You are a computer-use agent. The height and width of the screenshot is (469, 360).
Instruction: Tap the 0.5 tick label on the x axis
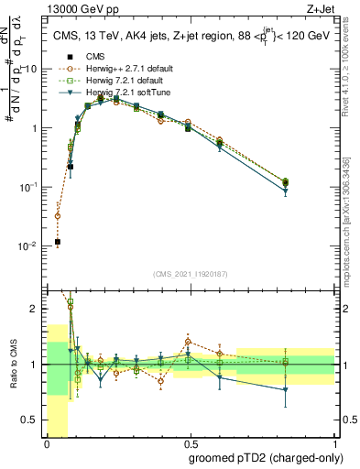pos(191,442)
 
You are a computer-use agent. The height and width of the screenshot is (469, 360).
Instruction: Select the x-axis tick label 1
pos(335,442)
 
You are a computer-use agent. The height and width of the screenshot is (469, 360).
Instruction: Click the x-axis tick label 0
pos(47,442)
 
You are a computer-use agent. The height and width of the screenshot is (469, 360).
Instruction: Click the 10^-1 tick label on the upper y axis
pos(28,187)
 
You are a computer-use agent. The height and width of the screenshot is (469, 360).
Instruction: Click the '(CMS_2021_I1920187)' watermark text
pos(191,274)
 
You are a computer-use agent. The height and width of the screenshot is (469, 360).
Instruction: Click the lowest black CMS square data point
pos(58,242)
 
